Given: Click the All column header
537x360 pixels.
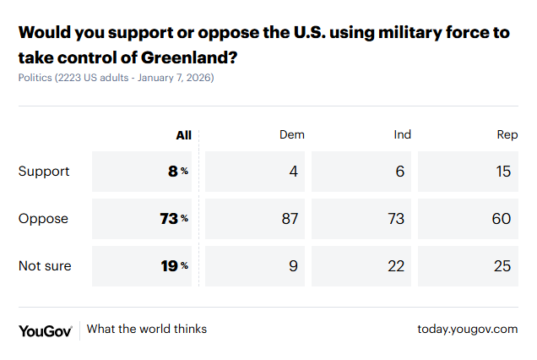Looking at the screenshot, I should [183, 135].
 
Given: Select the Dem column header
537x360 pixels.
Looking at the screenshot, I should [292, 135].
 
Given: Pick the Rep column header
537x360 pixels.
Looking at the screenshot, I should [507, 135].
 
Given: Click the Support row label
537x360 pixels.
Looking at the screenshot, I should [44, 172].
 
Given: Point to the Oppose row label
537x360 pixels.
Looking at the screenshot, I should [43, 219].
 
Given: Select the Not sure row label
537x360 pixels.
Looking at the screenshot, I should [45, 266].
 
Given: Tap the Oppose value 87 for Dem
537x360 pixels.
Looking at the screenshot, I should [290, 219].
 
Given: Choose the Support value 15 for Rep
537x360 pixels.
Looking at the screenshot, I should [503, 172].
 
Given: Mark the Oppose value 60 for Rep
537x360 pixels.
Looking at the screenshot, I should [502, 219].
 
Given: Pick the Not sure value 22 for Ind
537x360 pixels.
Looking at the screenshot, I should [396, 266].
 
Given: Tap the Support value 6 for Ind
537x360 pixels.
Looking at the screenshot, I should [400, 172].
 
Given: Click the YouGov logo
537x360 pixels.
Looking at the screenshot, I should [45, 330].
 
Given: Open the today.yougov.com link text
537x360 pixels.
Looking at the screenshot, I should [467, 329].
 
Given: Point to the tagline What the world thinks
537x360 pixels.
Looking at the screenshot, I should [147, 329].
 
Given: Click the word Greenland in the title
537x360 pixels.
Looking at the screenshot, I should [181, 58].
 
